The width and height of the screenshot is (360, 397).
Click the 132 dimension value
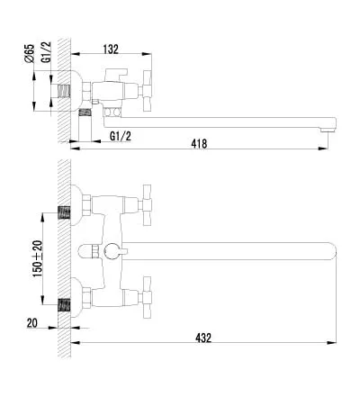pyautogui.click(x=111, y=50)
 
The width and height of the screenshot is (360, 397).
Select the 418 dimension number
pyautogui.click(x=199, y=144)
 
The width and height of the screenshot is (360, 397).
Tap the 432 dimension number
pyautogui.click(x=203, y=338)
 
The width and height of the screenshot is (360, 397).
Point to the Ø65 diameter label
pyautogui.click(x=30, y=54)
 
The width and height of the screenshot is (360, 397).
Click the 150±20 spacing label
pyautogui.click(x=38, y=258)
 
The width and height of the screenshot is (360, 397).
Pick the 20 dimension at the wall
pyautogui.click(x=32, y=323)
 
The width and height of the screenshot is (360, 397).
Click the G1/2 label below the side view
pyautogui.click(x=121, y=137)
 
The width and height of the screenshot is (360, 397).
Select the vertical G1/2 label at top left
pyautogui.click(x=46, y=52)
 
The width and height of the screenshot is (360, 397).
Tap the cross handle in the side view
pyautogui.click(x=148, y=91)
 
